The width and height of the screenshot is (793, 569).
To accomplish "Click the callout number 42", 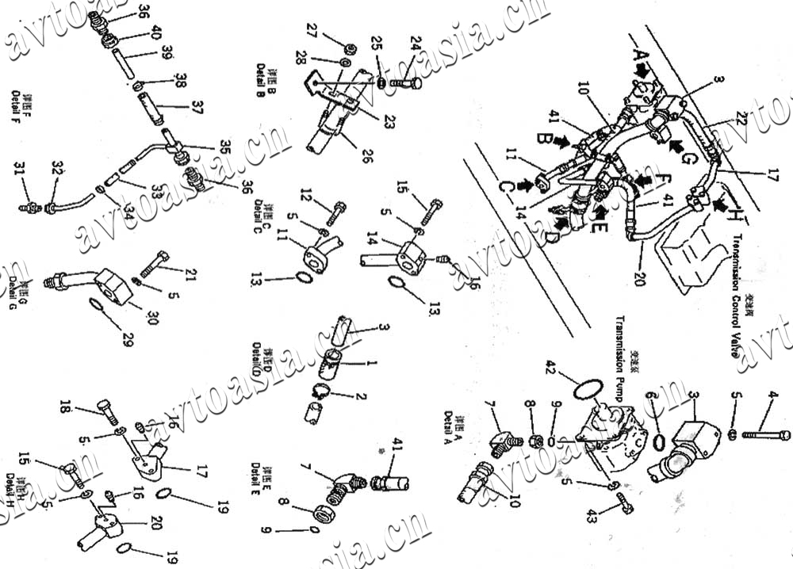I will click(552, 366).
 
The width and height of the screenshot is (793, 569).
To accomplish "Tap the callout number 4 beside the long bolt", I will click(772, 395).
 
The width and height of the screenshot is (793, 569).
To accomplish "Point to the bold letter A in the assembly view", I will click(639, 55).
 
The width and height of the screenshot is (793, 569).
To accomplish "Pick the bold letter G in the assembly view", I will click(688, 158).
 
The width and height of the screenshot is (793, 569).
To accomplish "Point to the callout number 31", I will click(20, 168).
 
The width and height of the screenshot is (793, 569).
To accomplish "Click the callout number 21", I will click(190, 274).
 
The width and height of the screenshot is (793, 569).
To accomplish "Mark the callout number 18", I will click(65, 408).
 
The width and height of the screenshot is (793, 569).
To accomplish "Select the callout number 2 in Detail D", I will click(361, 395).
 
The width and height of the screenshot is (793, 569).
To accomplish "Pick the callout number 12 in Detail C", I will click(307, 193).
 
